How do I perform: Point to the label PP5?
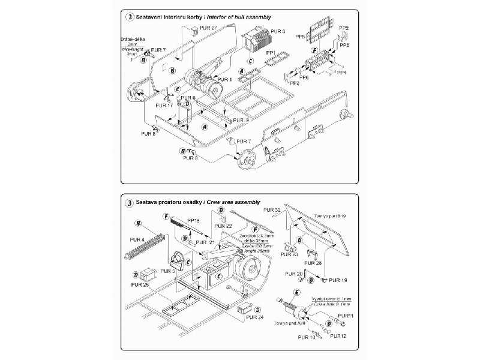click(x=300, y=37)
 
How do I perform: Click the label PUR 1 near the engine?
click(x=224, y=79)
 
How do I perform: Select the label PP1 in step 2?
click(x=271, y=53)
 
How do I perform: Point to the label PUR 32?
click(x=272, y=210)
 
